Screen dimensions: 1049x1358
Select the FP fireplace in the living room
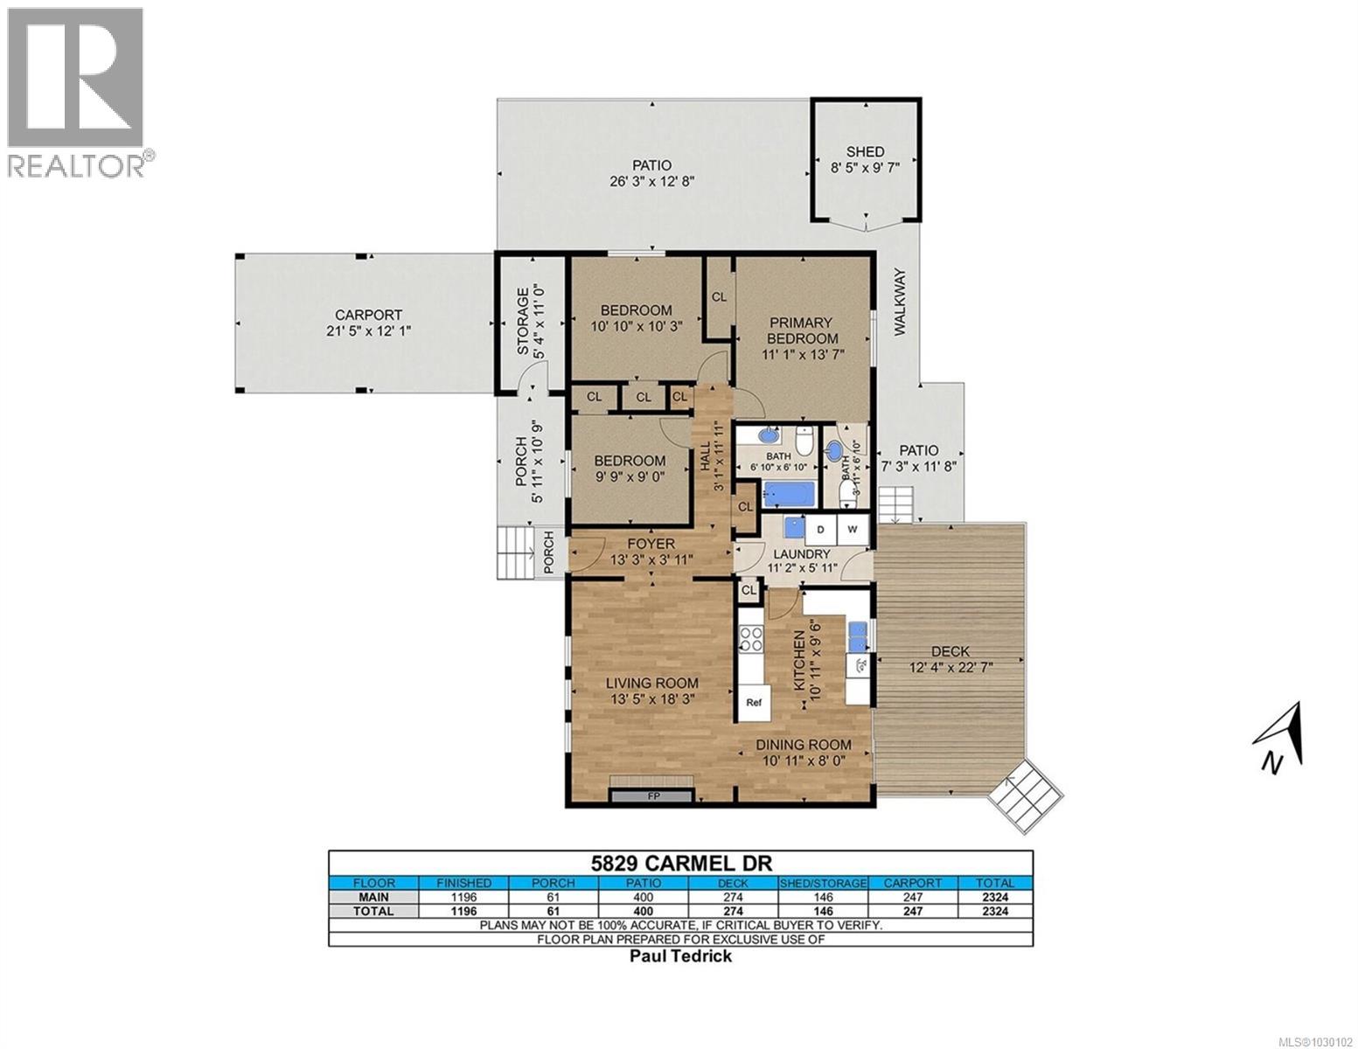(x=652, y=796)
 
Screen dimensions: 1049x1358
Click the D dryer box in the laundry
(x=821, y=530)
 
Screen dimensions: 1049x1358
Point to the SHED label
(x=864, y=152)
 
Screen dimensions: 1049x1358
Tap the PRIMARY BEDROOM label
(x=802, y=330)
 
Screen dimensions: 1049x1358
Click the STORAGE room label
(x=523, y=321)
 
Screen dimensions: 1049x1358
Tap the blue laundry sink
(x=795, y=527)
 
